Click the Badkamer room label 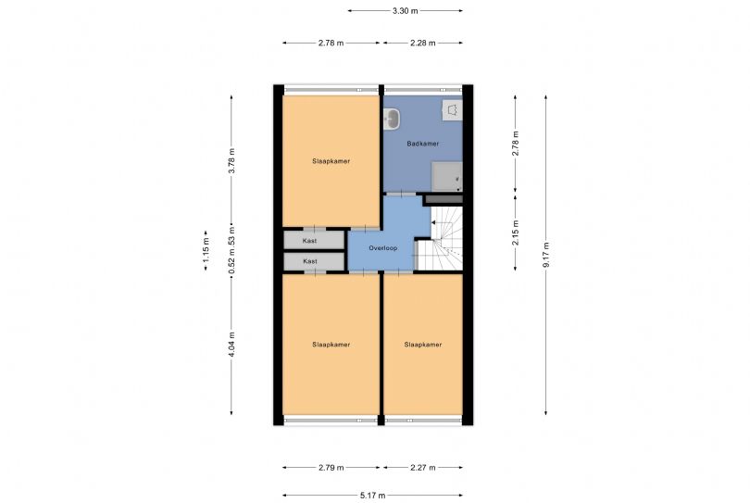[x=423, y=144]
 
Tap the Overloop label [x=382, y=248]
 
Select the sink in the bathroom [x=393, y=119]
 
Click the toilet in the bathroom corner [x=452, y=110]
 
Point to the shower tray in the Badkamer [x=447, y=176]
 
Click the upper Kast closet [x=314, y=240]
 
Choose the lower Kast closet [x=314, y=261]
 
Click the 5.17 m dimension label [x=372, y=496]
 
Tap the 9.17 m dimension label [x=545, y=255]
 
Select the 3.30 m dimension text [x=406, y=10]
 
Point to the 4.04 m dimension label [x=231, y=345]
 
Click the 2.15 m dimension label [x=515, y=233]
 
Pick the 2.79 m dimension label [x=331, y=468]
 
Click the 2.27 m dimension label [x=423, y=468]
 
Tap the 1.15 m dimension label [x=206, y=251]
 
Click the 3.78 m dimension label [x=231, y=162]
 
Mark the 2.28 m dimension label [x=423, y=43]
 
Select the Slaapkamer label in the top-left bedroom [x=331, y=161]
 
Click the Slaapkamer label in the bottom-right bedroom [x=423, y=345]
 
